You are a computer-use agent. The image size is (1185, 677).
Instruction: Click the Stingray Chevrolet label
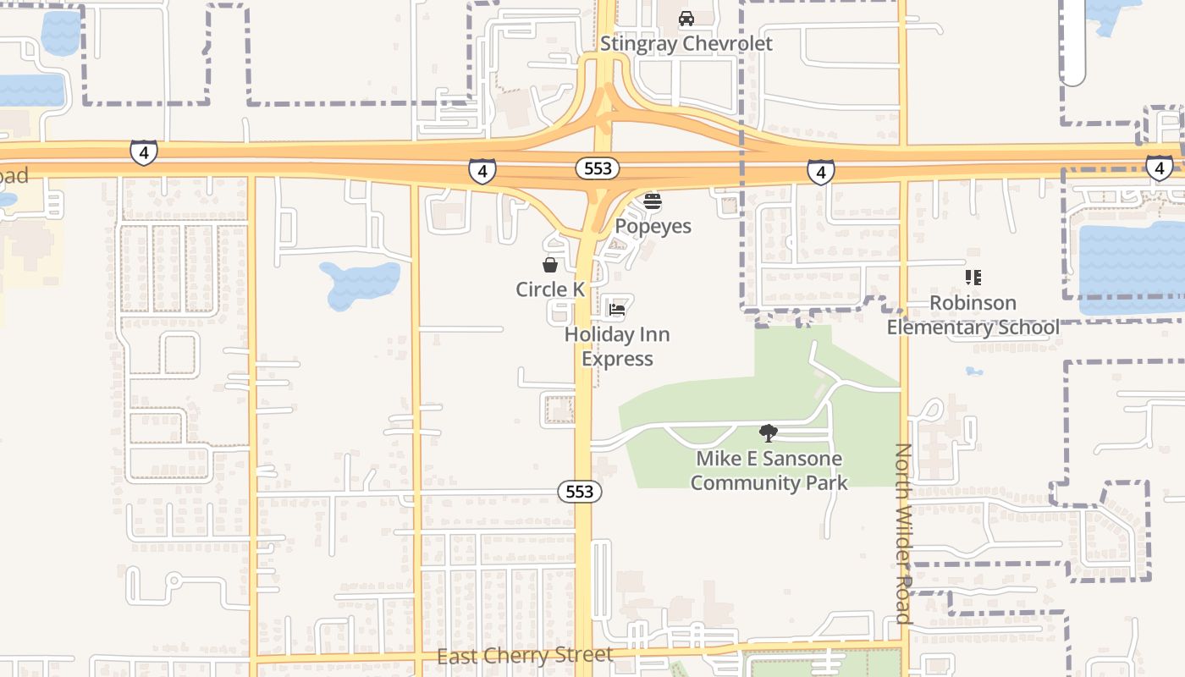click(686, 44)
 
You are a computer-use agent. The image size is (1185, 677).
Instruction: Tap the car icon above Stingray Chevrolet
click(686, 19)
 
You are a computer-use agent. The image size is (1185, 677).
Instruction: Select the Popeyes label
click(653, 227)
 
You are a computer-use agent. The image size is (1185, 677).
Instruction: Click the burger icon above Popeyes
click(653, 201)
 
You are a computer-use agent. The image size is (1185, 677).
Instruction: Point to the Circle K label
click(550, 289)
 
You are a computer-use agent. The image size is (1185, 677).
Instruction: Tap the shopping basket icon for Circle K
click(550, 265)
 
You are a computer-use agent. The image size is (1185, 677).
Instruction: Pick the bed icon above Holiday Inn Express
click(617, 310)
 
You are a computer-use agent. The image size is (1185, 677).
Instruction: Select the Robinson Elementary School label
click(973, 315)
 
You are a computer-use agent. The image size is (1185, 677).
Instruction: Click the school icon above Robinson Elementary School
click(973, 278)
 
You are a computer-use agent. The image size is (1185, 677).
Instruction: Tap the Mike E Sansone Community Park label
click(769, 471)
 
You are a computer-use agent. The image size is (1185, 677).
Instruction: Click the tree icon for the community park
click(769, 433)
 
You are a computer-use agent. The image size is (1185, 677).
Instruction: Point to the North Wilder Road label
click(903, 533)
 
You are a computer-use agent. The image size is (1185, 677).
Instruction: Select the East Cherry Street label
click(525, 656)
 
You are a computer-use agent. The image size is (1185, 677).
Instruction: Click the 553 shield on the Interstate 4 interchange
click(598, 168)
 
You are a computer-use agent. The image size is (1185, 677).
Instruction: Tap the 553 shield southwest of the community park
click(580, 491)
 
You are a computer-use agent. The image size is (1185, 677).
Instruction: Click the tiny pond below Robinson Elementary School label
click(974, 371)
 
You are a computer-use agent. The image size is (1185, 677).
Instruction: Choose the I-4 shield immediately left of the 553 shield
click(482, 171)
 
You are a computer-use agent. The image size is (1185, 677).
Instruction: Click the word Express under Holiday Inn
click(617, 359)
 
